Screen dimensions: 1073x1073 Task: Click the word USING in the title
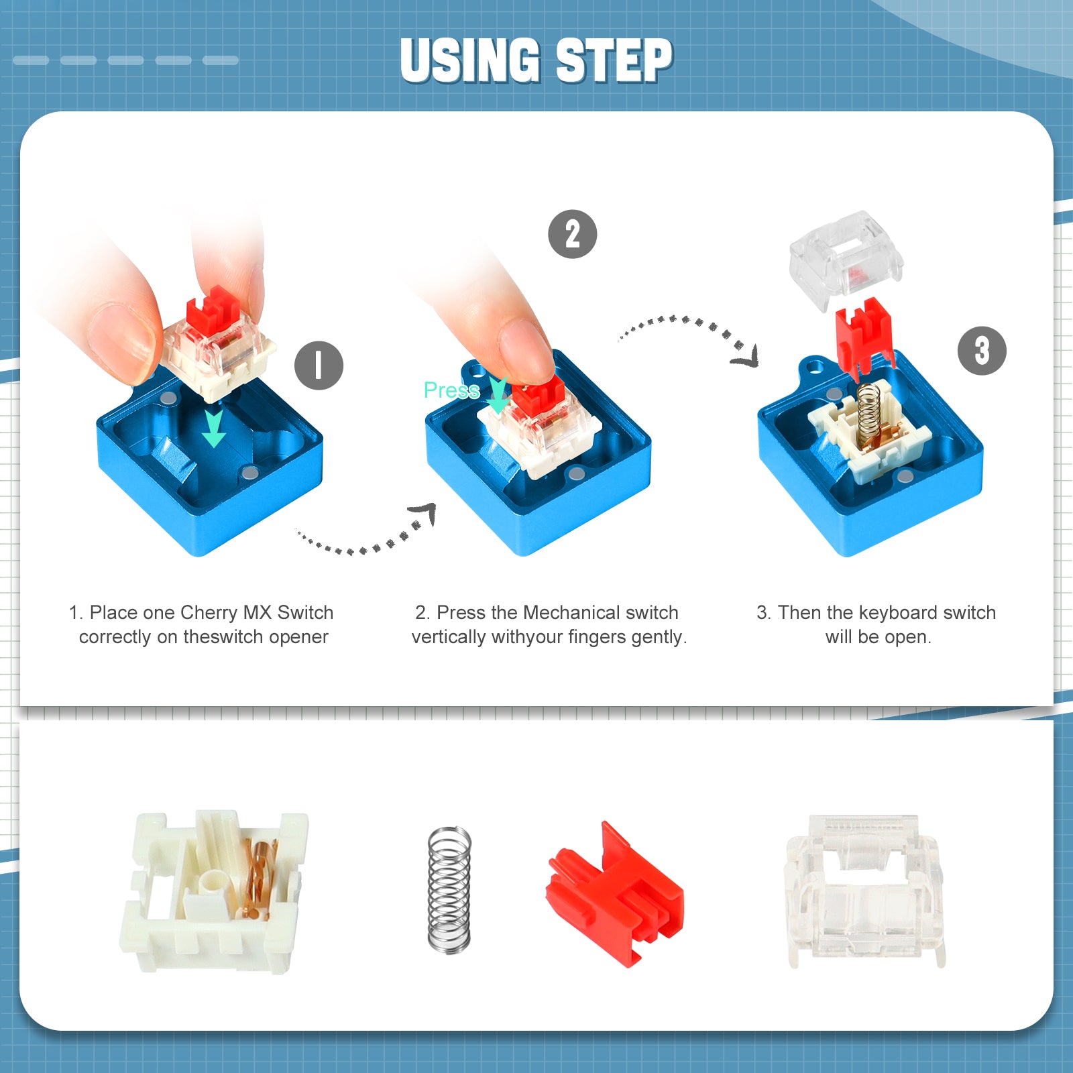click(x=470, y=60)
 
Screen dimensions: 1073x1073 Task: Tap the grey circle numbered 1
click(x=319, y=365)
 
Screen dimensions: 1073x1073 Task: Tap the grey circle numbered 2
click(x=572, y=234)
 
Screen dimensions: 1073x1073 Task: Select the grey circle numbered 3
click(x=981, y=351)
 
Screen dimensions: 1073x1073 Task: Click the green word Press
click(x=451, y=390)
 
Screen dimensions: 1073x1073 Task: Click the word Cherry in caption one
click(x=209, y=612)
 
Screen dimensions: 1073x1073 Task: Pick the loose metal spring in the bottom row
click(x=449, y=889)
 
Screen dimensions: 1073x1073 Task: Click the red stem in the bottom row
click(x=615, y=895)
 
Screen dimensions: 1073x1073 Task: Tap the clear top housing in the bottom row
click(x=865, y=889)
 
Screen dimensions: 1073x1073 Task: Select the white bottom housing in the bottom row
click(x=213, y=892)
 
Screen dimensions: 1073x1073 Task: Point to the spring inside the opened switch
click(x=868, y=410)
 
